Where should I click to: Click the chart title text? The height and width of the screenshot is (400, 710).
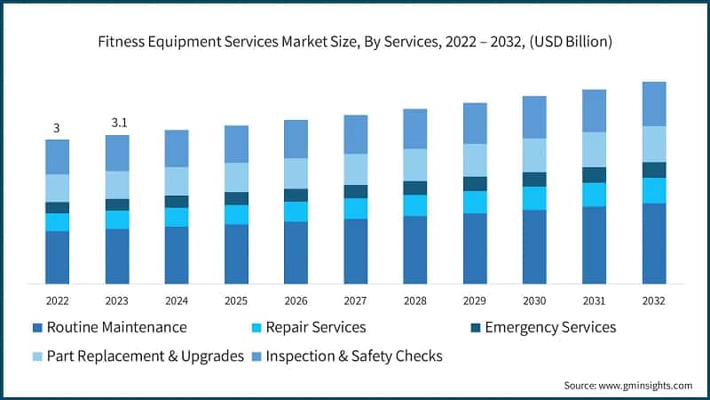coord(355,42)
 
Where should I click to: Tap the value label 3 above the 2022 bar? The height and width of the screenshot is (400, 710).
coord(57,128)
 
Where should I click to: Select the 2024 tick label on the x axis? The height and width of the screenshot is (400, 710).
coord(176,300)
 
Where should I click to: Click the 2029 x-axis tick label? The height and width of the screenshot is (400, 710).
coord(475,300)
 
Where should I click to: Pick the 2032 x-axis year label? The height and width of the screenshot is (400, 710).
coord(654,300)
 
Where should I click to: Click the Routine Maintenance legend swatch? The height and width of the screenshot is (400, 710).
coord(36,328)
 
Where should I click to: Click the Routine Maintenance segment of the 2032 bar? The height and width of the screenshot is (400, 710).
coord(654,244)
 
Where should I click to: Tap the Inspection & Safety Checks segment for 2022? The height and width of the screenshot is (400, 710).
coord(57,156)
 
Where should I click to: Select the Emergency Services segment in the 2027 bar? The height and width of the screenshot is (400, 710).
coord(355,191)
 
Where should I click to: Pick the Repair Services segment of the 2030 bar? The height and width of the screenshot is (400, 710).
coord(534,198)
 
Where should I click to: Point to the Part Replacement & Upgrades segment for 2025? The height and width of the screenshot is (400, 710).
coord(236,177)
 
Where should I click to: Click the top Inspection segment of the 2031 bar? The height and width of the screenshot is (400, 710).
coord(594,110)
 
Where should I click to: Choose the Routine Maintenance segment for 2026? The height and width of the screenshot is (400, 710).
coord(296,252)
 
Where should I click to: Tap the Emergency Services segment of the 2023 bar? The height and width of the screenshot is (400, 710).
coord(116,204)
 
